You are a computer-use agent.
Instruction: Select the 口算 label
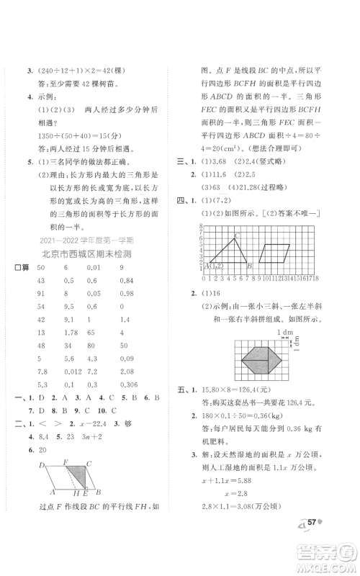(21, 268)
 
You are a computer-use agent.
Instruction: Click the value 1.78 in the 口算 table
(71, 333)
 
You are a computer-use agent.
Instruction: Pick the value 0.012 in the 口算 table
(73, 372)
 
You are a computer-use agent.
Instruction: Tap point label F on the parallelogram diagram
(65, 462)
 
